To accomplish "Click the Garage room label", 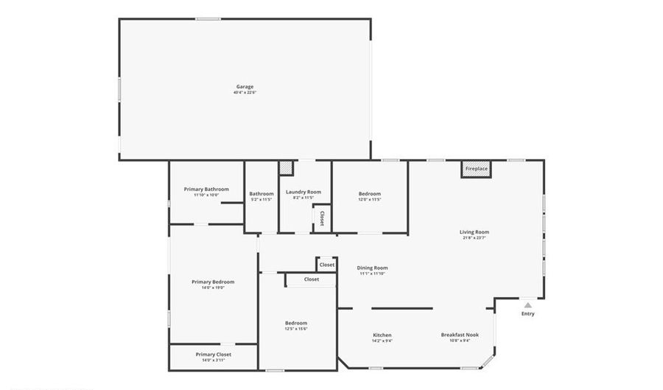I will coord(244,86).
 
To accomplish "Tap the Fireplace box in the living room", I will coord(476,169).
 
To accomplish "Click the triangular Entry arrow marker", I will coord(527,304).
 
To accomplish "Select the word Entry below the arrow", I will coord(527,314).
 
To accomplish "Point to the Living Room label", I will coord(474,231).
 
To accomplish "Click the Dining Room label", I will coord(372,268).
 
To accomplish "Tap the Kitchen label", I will coord(382,335).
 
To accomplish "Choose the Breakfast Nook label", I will coord(460,335).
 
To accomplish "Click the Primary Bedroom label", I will coord(213,282).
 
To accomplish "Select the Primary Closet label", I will coord(213,354).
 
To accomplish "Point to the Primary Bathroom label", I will coord(206,189).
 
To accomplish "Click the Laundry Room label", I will coord(304,192).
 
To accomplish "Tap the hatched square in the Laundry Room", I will coord(286,167).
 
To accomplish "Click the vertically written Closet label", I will coord(322,218).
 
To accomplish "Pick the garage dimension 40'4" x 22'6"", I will coord(244,93).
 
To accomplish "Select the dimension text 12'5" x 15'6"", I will coord(296,329).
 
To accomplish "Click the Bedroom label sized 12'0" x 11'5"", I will coord(370,194).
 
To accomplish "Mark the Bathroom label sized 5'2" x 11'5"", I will coord(262,194).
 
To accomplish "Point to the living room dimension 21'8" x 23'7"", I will coord(474,238).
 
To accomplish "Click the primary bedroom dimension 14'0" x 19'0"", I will coord(213,288).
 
